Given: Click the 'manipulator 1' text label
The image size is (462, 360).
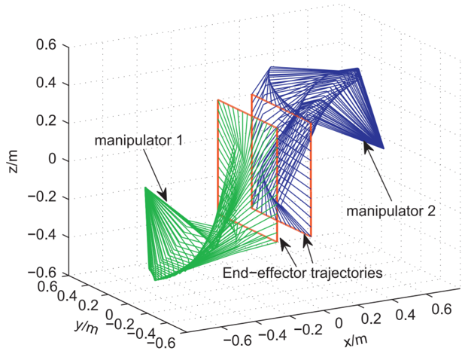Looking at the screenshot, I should point(140,141).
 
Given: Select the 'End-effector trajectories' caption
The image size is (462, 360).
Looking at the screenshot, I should point(303,272).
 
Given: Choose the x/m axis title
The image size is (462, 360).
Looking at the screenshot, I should point(355,340).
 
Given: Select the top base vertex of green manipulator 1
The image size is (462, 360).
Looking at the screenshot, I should point(145,187).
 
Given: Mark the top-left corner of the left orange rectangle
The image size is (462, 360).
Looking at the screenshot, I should point(217,100).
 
